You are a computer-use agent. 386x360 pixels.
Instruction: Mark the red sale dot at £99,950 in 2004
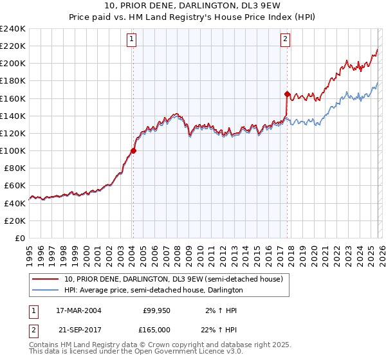click(x=133, y=151)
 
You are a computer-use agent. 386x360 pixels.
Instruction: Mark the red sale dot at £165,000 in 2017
click(x=286, y=94)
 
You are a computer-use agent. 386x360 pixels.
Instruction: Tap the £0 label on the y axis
click(x=19, y=238)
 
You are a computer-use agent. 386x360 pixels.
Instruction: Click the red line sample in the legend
click(x=45, y=279)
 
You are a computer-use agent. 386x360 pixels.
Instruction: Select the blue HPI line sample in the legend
click(x=45, y=290)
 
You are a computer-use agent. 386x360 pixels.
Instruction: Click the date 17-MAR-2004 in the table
click(x=79, y=310)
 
